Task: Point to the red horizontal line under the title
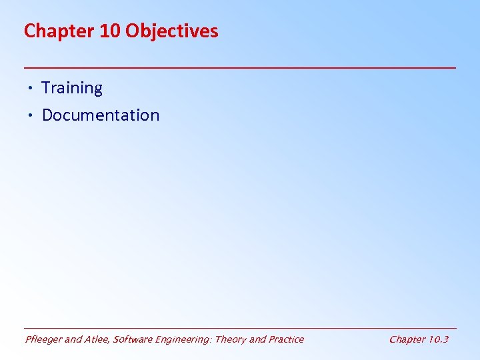pyautogui.click(x=240, y=68)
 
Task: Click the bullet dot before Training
pyautogui.click(x=31, y=88)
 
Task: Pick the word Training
pyautogui.click(x=72, y=88)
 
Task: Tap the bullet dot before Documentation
pyautogui.click(x=31, y=115)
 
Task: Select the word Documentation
pyautogui.click(x=101, y=115)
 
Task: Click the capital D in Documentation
pyautogui.click(x=47, y=115)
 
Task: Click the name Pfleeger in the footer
pyautogui.click(x=43, y=339)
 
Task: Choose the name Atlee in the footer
pyautogui.click(x=97, y=339)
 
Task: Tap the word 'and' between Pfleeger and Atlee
pyautogui.click(x=73, y=339)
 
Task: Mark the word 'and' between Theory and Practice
pyautogui.click(x=257, y=339)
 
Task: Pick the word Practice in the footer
pyautogui.click(x=286, y=339)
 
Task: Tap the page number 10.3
pyautogui.click(x=439, y=339)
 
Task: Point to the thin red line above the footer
pyautogui.click(x=240, y=328)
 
